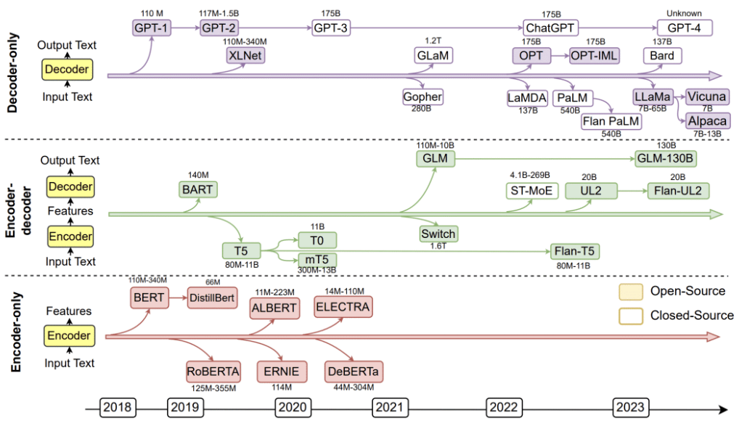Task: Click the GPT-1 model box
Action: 152,28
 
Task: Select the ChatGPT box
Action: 550,28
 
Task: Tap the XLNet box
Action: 245,56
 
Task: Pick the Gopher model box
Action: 423,96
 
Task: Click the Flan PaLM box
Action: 611,121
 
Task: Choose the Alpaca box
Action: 708,121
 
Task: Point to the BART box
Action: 197,189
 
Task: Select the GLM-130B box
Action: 666,159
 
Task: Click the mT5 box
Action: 317,260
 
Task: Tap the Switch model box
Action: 438,234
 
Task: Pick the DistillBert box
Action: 212,297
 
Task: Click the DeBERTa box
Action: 354,371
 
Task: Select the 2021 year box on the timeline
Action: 390,407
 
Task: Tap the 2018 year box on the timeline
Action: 117,407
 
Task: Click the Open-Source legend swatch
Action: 631,292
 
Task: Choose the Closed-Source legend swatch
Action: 631,316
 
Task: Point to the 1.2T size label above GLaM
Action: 433,41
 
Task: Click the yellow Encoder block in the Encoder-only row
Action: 69,336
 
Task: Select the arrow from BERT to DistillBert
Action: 178,297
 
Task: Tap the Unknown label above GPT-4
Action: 684,13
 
